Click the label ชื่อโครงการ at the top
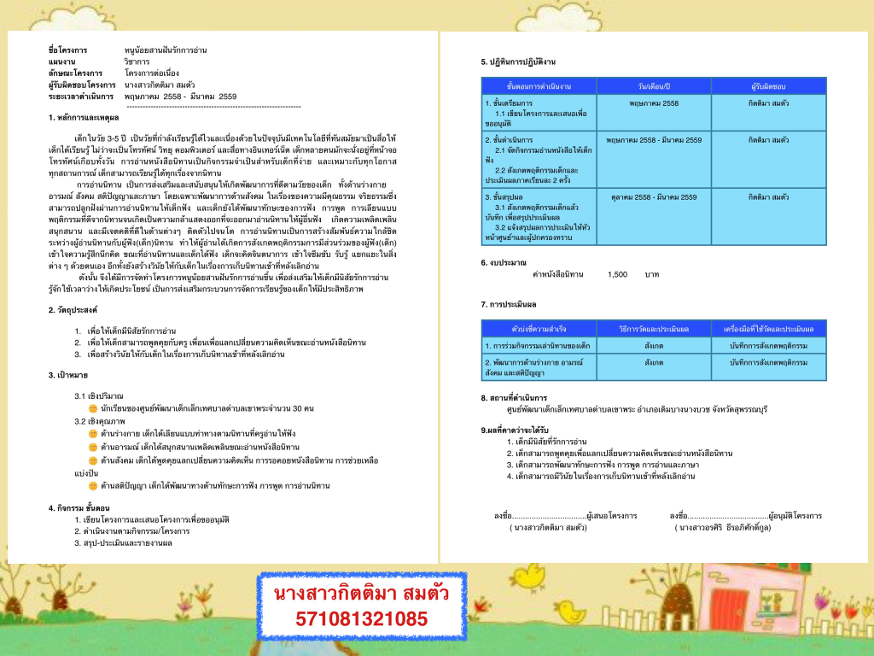67,50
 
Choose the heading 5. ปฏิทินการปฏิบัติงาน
518,62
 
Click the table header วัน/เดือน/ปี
654,86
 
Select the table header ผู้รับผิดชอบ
768,86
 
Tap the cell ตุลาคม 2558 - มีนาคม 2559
654,197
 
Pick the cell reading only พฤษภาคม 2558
654,102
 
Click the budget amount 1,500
617,274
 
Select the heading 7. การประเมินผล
510,304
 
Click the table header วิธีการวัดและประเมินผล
654,329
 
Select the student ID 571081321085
361,618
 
